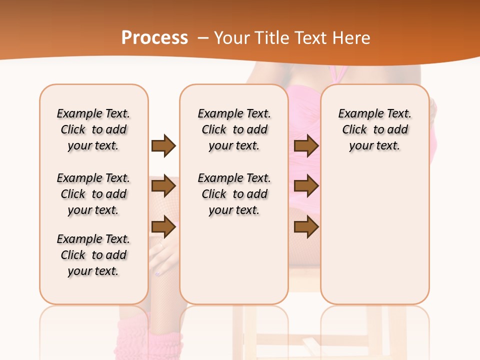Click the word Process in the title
[x=154, y=37]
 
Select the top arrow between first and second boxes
[x=163, y=145]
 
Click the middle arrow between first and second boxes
[x=163, y=186]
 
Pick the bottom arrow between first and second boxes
[x=163, y=227]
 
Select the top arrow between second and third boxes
[x=306, y=145]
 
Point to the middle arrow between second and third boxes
[x=306, y=186]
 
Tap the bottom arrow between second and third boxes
[x=306, y=227]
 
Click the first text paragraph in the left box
[x=93, y=129]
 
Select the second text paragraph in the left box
[x=93, y=194]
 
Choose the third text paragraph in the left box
[x=93, y=255]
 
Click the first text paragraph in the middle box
[x=234, y=129]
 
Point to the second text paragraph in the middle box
[x=234, y=194]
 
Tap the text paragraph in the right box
[x=374, y=129]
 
